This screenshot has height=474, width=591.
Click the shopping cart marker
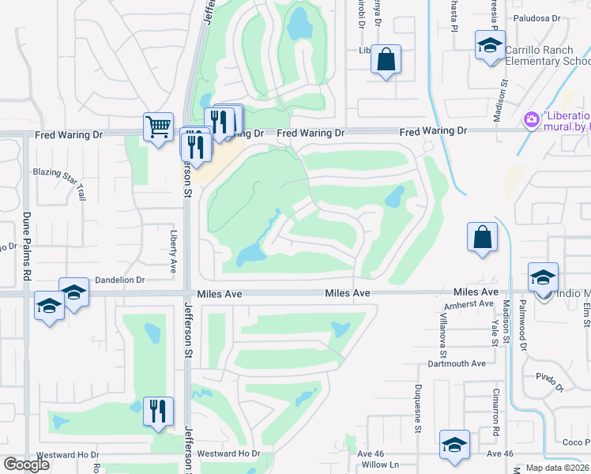159,126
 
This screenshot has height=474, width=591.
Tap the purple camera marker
531,119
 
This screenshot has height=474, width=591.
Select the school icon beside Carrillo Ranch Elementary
490,44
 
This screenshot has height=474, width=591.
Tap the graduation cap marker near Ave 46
454,445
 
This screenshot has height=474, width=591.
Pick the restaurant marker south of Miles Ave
159,411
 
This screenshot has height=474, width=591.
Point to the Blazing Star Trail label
58,182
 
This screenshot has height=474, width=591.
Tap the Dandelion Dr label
120,280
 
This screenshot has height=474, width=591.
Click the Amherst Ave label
469,304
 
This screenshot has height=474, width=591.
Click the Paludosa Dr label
536,17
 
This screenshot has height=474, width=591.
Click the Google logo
27,464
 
